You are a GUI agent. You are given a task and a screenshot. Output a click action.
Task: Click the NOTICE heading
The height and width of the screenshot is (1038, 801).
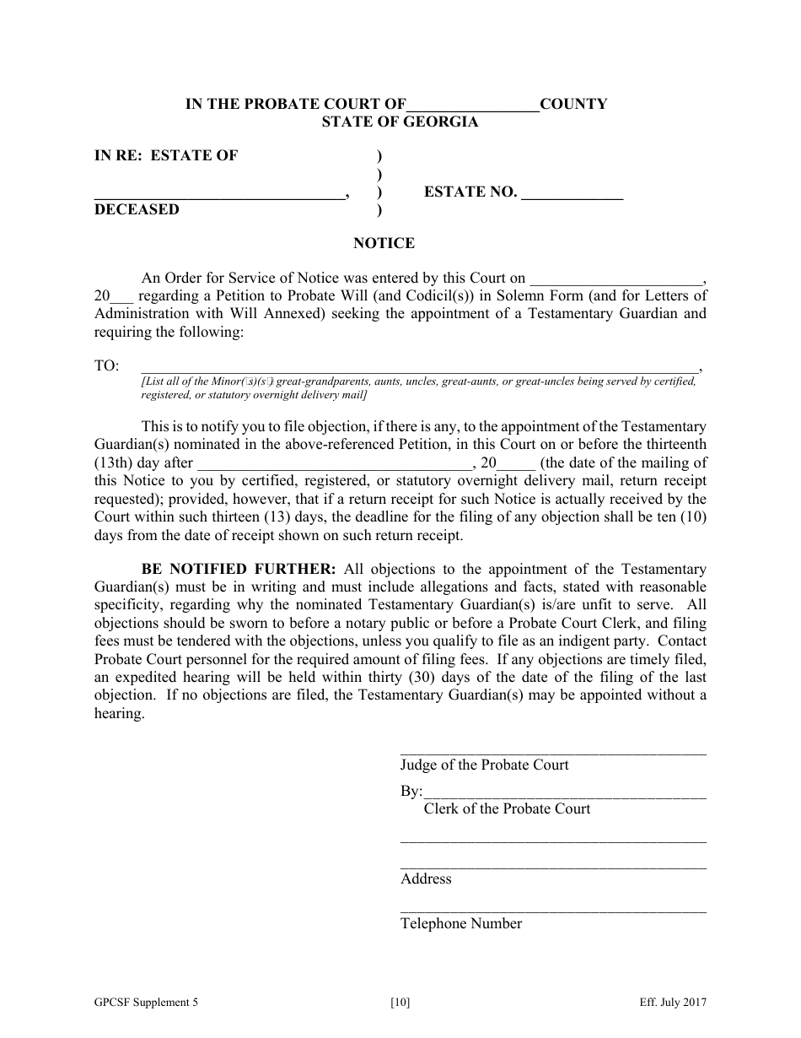click(x=384, y=243)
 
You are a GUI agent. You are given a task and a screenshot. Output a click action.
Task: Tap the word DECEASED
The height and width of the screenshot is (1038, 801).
click(x=137, y=209)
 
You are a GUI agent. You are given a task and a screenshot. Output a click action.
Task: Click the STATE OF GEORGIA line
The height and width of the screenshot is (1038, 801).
click(x=400, y=122)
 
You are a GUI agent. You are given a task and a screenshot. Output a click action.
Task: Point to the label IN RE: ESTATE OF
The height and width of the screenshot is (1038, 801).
click(x=166, y=155)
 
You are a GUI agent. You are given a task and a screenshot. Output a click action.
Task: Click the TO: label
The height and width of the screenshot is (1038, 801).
click(x=106, y=366)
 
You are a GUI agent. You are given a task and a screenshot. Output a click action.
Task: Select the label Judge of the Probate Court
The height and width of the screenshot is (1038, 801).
click(x=484, y=765)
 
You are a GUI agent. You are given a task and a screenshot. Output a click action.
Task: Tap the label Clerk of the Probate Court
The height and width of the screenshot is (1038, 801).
click(x=507, y=808)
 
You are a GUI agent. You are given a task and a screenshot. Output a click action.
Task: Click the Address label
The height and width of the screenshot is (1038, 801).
click(x=426, y=879)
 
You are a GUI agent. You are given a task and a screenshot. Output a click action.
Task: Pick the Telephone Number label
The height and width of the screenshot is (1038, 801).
click(x=461, y=923)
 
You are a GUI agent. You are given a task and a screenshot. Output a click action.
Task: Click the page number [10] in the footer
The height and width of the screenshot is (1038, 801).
click(x=400, y=1003)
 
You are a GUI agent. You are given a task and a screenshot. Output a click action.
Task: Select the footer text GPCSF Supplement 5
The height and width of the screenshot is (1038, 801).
click(x=147, y=1003)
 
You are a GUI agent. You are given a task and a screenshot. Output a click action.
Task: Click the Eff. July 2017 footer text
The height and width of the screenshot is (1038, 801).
click(x=672, y=1003)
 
